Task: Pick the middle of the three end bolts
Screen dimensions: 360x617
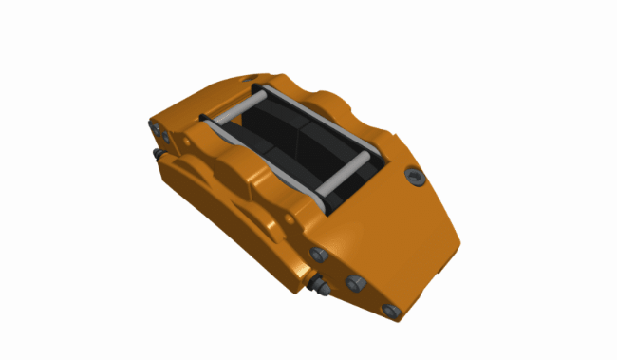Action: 355,282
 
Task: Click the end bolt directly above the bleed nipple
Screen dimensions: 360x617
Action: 319,254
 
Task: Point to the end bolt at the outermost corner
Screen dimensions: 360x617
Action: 389,311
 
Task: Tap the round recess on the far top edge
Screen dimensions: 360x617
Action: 251,78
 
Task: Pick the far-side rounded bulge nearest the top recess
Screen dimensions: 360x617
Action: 327,97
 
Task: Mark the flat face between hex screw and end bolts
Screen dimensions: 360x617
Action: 399,237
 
